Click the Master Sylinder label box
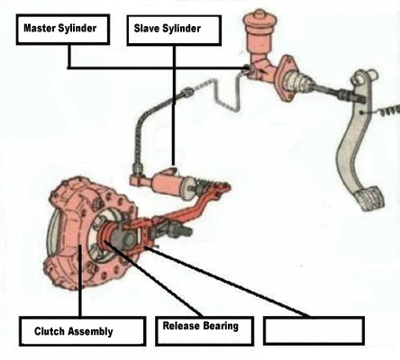(63, 30)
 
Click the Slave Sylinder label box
(174, 31)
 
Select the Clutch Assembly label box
(83, 331)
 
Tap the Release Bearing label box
(205, 330)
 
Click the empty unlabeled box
(314, 330)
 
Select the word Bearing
(221, 326)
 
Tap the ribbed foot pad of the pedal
(369, 198)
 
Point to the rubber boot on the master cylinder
(298, 82)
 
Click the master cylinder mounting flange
(286, 77)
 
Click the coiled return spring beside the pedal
(390, 111)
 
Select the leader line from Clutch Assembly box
(80, 281)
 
